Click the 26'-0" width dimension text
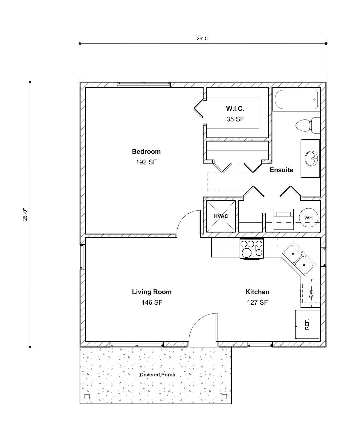point(203,38)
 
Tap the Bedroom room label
point(146,152)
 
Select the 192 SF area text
point(146,162)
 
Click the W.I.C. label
point(235,109)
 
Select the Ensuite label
point(281,170)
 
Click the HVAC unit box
point(221,216)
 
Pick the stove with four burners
point(252,249)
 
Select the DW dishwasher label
point(311,293)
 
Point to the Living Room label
point(152,292)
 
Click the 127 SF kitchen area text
point(257,303)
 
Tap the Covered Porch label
point(157,375)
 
